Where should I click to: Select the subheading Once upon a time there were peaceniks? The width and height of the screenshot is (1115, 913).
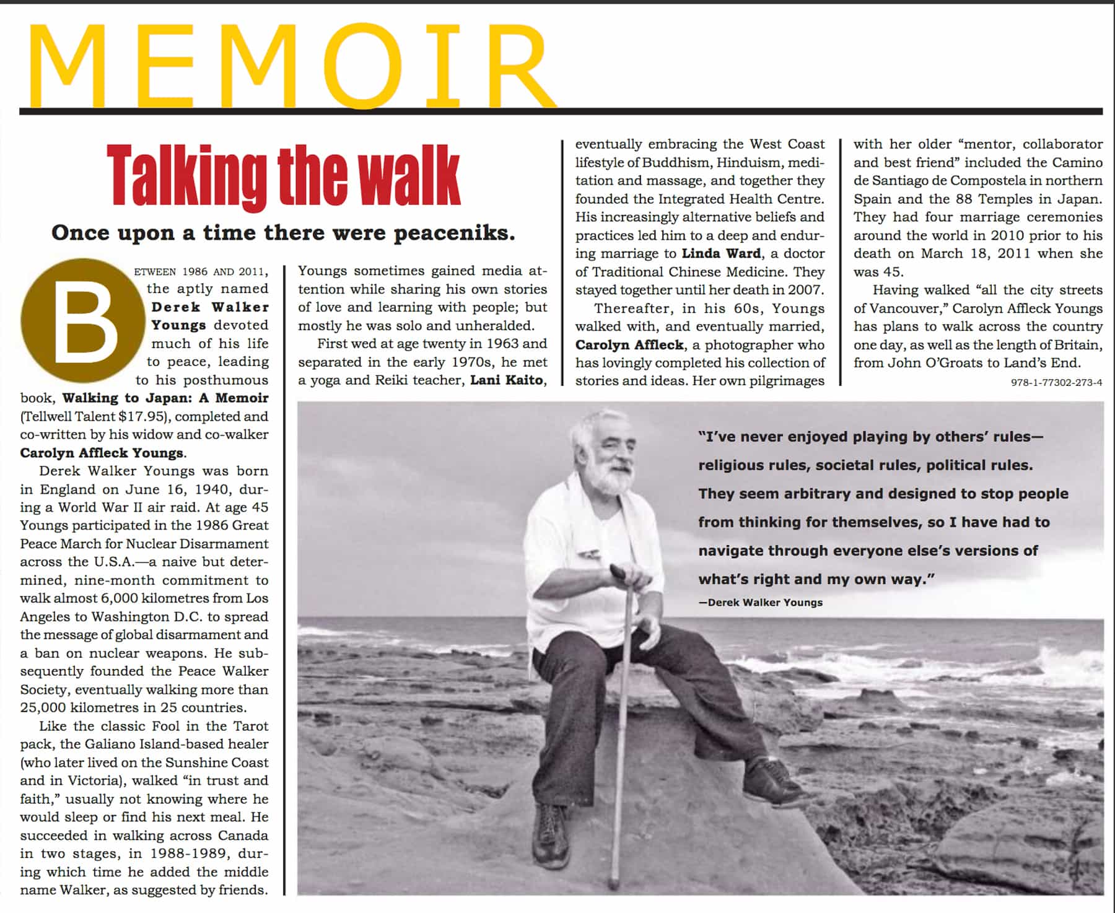[284, 233]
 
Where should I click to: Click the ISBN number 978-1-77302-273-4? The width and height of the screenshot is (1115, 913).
[1056, 382]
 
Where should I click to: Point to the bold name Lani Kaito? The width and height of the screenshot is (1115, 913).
[506, 380]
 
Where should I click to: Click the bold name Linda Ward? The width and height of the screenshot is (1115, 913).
[721, 253]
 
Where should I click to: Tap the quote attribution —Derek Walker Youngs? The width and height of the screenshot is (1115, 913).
[760, 602]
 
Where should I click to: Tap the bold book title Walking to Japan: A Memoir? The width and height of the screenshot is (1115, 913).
[165, 398]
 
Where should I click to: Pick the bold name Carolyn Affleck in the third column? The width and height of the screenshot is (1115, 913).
[629, 344]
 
